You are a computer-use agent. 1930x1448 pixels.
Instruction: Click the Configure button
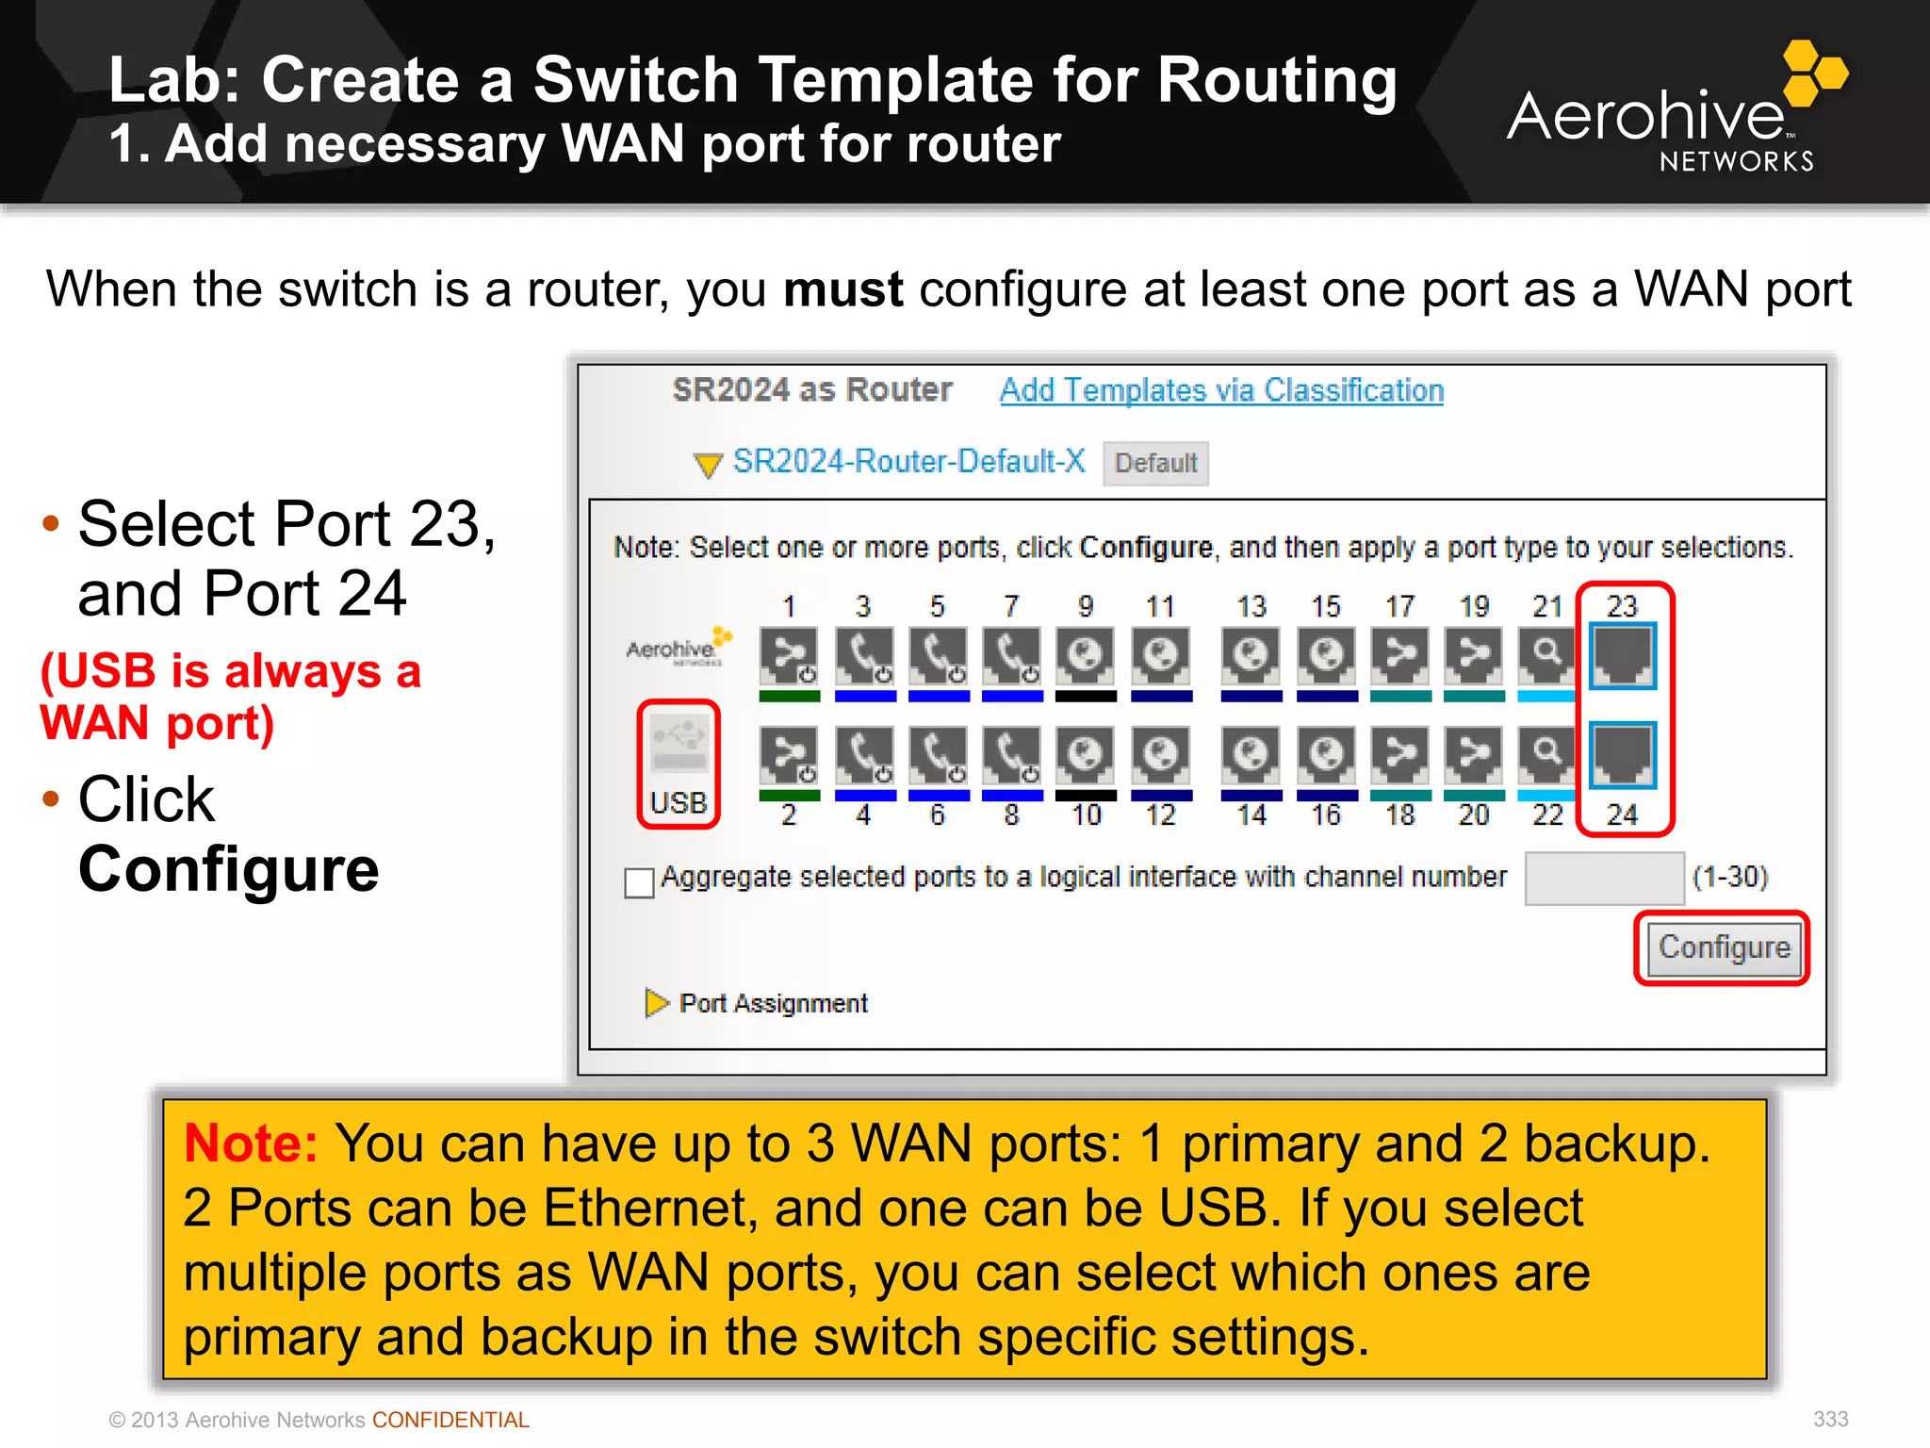[x=1724, y=947]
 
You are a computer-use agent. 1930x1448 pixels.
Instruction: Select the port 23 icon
[x=1622, y=655]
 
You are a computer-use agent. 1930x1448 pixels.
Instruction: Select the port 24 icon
[x=1622, y=754]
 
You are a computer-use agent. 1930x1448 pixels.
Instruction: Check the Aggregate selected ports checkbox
[x=639, y=882]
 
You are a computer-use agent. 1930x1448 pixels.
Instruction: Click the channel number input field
[x=1604, y=878]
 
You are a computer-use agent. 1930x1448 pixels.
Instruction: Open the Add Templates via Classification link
[x=1221, y=390]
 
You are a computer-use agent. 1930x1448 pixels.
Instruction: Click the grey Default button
[x=1155, y=463]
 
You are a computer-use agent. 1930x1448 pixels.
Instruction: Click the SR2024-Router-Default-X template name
[x=908, y=461]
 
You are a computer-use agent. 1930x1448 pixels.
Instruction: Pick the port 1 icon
[x=789, y=655]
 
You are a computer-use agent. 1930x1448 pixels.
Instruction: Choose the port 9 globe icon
[x=1086, y=655]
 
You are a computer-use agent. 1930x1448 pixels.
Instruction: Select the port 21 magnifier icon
[x=1546, y=655]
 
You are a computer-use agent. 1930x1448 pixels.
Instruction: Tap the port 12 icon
[x=1160, y=754]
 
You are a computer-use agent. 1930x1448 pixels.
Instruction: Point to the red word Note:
[x=251, y=1144]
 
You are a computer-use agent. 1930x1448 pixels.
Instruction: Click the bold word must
[x=843, y=288]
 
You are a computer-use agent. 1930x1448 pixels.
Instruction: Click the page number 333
[x=1830, y=1419]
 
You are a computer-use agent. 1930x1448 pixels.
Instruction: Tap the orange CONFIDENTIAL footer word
[x=450, y=1420]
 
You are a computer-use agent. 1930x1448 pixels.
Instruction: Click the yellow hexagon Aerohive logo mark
[x=1814, y=73]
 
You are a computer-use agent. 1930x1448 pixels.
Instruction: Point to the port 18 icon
[x=1400, y=754]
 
